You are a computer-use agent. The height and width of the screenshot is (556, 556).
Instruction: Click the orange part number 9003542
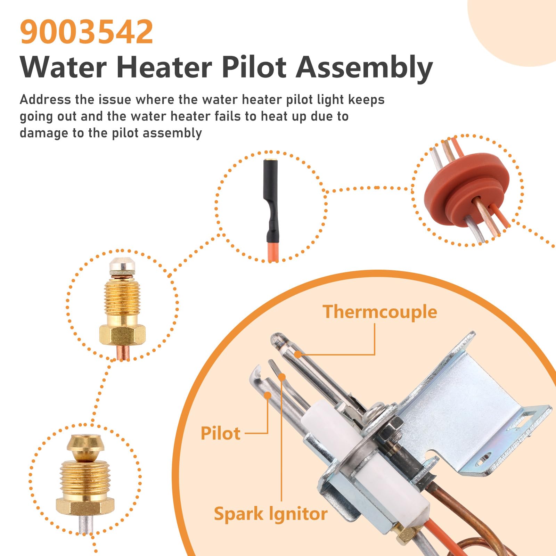pos(87,32)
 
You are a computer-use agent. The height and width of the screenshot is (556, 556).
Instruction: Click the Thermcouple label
pos(379,312)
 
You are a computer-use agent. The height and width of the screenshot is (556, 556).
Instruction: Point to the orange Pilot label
pos(220,433)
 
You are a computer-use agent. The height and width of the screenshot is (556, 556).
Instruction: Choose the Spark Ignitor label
pos(270,514)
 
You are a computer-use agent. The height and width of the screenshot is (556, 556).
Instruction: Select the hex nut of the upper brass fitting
pos(122,335)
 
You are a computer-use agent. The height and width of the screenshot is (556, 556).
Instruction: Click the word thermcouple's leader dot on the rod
pos(297,354)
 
